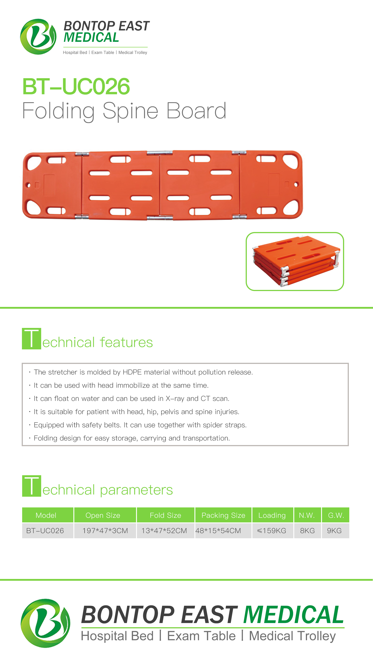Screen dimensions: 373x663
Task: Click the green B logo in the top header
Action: click(x=38, y=36)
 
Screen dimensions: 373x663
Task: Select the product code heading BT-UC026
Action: click(x=76, y=87)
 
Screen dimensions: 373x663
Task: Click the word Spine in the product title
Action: click(x=130, y=111)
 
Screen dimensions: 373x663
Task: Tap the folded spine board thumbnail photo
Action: click(x=295, y=261)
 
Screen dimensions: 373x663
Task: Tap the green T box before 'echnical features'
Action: click(x=31, y=338)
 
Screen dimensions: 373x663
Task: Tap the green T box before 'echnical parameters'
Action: click(x=31, y=486)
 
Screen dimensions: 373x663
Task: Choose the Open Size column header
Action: click(x=103, y=515)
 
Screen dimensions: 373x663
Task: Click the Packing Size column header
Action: click(x=223, y=515)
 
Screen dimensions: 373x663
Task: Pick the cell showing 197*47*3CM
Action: click(x=105, y=530)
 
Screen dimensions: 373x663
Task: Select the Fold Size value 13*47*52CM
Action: click(x=164, y=530)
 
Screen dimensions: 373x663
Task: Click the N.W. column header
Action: click(x=307, y=515)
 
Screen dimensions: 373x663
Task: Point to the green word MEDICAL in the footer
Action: click(x=293, y=615)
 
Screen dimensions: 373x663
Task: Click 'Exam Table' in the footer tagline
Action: click(x=201, y=636)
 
